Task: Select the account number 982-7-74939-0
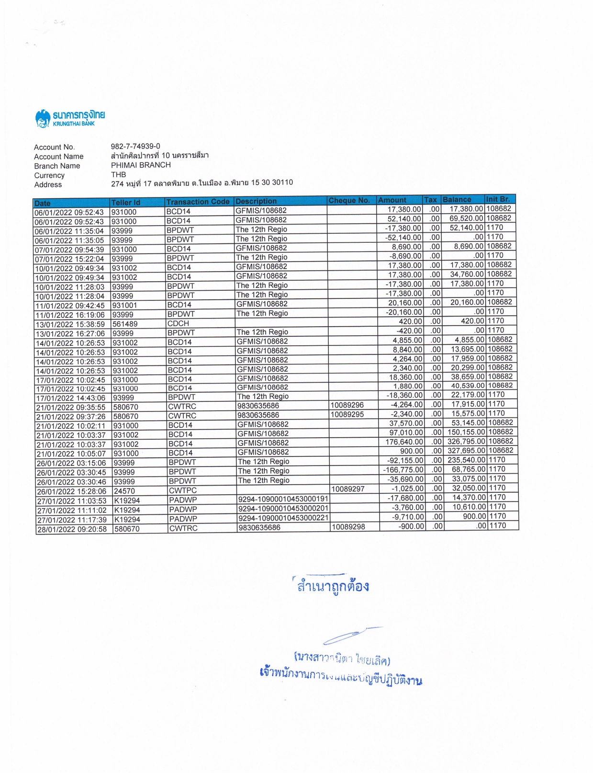point(135,146)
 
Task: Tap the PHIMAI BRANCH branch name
point(141,165)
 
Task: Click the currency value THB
point(118,174)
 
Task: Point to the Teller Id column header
point(125,203)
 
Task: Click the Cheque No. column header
point(349,200)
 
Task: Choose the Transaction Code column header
point(198,202)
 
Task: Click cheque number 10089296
point(347,405)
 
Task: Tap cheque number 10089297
point(348,489)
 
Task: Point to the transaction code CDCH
point(178,323)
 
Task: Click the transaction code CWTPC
point(182,490)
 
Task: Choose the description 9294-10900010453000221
point(283,518)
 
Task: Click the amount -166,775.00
point(403,470)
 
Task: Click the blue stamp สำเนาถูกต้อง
point(333,586)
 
